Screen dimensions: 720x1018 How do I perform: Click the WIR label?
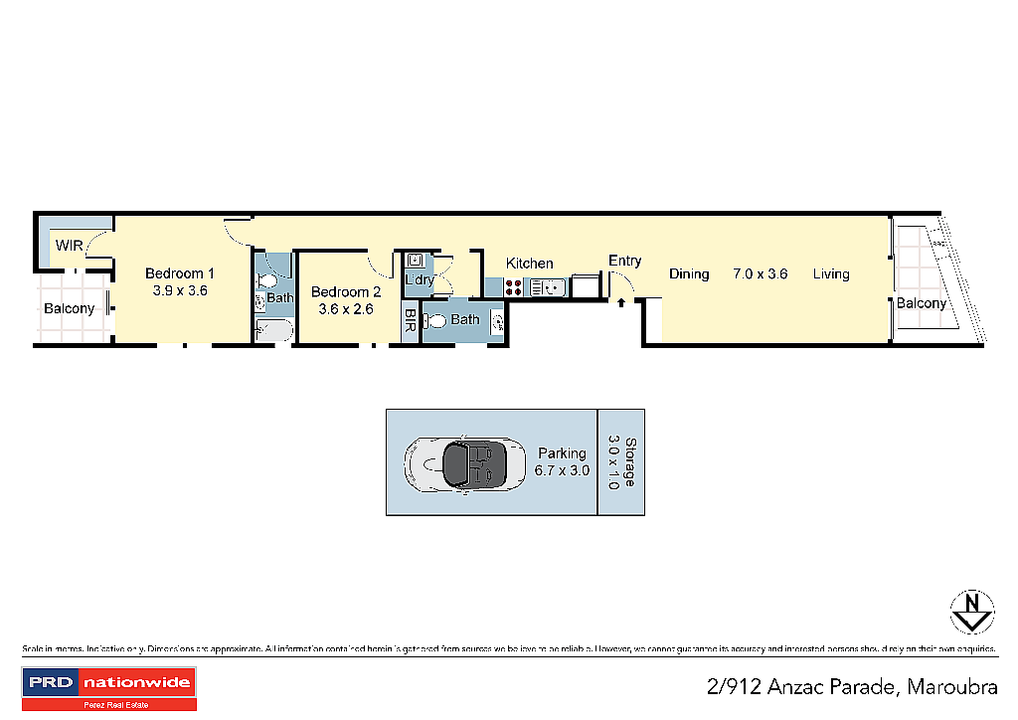(69, 246)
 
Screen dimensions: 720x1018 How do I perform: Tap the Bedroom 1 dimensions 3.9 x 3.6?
(180, 291)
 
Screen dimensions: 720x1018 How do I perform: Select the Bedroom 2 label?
(346, 292)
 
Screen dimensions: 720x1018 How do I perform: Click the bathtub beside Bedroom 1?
(273, 331)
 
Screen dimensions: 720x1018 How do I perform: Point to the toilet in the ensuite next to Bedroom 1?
(265, 281)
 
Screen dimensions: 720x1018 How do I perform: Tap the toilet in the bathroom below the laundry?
(435, 320)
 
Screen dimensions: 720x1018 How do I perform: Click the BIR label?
(410, 321)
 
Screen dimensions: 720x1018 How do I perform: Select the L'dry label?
(419, 280)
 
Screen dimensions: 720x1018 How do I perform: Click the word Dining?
(689, 273)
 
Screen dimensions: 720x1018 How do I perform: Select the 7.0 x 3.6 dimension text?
(761, 273)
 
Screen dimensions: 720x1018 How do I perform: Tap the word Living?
(831, 273)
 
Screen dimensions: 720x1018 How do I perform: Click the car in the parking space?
(466, 463)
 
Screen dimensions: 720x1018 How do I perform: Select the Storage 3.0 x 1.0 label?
(620, 461)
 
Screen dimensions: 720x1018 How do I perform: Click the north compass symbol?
(972, 612)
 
